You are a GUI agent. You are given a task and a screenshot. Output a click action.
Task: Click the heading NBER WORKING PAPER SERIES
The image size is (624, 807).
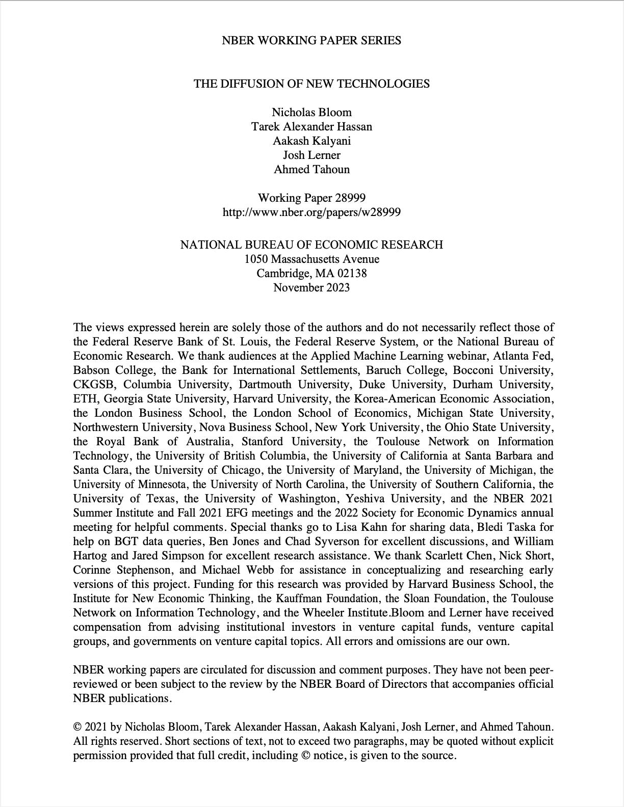coord(311,41)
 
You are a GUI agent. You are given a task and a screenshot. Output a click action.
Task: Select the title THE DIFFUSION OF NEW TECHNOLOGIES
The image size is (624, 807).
coord(311,84)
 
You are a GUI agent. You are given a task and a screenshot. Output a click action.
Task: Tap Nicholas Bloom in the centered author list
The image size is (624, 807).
coord(311,112)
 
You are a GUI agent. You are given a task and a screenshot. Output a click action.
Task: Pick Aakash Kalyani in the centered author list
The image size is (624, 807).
coord(311,141)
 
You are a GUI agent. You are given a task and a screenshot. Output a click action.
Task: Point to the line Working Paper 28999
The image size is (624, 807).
coord(311,198)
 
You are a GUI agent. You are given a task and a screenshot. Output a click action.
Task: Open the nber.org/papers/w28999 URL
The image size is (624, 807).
coord(311,212)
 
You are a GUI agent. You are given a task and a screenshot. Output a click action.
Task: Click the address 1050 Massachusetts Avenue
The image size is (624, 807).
coord(311,259)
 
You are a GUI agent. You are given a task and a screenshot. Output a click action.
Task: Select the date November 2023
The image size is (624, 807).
coord(311,287)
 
